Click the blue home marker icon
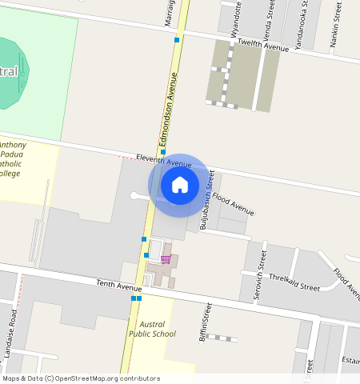(180, 185)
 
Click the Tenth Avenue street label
(118, 284)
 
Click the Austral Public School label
(153, 329)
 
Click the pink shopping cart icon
(166, 258)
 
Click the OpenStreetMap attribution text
(80, 378)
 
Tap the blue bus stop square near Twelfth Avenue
(176, 38)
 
